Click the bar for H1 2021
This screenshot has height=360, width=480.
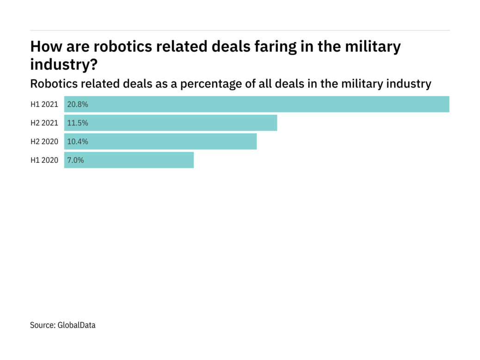[257, 104]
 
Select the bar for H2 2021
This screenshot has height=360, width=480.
[171, 123]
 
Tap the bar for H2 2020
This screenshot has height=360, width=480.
[160, 142]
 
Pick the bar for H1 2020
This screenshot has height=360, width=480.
[129, 160]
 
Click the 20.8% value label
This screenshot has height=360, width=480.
[78, 105]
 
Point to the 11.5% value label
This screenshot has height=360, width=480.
[78, 123]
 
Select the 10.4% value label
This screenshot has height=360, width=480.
[78, 142]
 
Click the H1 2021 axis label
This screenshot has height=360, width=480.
[44, 105]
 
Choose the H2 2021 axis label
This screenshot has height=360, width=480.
[44, 123]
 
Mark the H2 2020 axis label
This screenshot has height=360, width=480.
[44, 142]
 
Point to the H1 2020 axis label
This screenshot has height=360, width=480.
[44, 160]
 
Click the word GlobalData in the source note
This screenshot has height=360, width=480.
[76, 325]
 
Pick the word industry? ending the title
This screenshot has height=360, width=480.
[64, 64]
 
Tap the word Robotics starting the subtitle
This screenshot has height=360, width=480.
[53, 84]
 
